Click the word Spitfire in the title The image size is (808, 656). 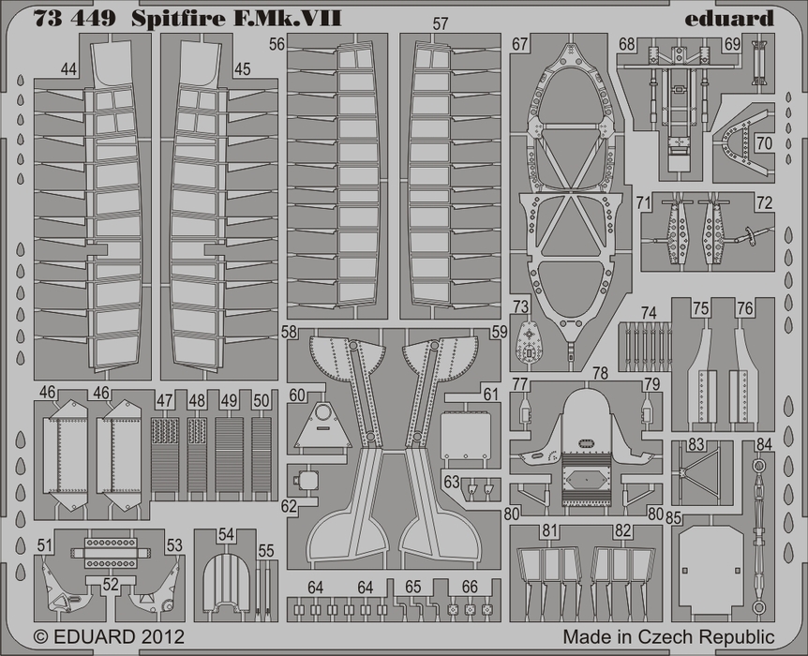click(178, 19)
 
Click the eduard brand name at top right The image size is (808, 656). click(729, 19)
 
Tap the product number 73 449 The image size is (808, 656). click(74, 19)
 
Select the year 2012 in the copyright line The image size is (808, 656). click(161, 636)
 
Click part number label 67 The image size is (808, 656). click(519, 44)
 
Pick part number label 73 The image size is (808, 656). click(520, 306)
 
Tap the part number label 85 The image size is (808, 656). click(674, 517)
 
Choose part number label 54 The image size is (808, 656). click(226, 535)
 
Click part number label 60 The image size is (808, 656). click(297, 395)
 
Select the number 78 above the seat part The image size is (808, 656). click(600, 373)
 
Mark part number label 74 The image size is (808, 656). click(649, 313)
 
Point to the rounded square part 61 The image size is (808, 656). click(465, 437)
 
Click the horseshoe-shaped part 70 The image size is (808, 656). click(742, 145)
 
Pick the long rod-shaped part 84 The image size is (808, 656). click(757, 536)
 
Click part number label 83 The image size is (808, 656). click(696, 444)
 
